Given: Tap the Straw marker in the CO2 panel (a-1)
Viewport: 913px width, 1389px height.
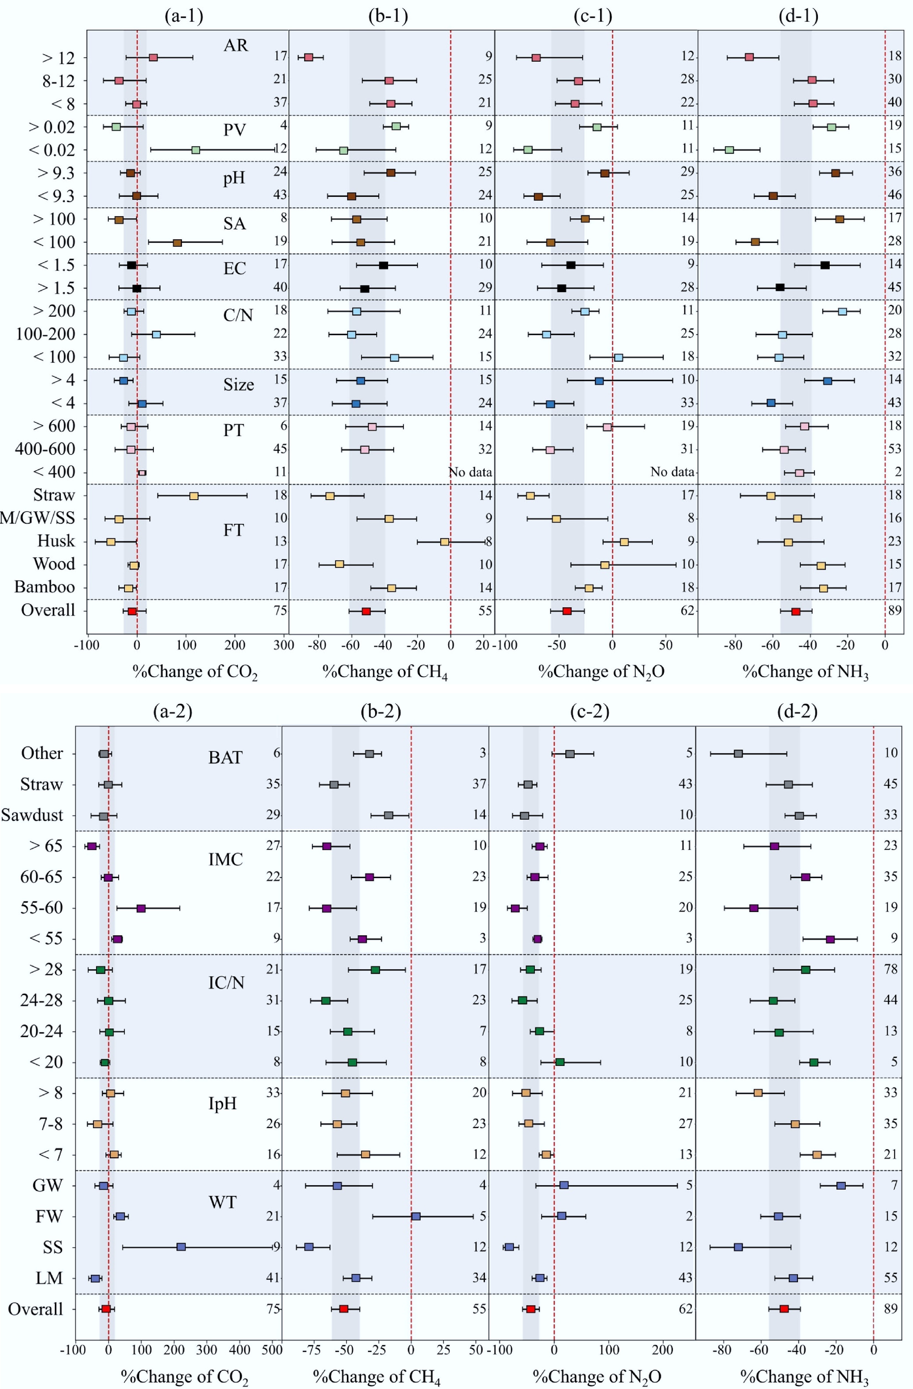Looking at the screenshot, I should click(x=194, y=496).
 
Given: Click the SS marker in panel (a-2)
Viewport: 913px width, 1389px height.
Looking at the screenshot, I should click(x=181, y=1247).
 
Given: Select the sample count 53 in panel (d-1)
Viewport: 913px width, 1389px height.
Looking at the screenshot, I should click(x=894, y=449).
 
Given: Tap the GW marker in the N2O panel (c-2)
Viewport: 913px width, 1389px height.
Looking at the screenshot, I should click(x=564, y=1185).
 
